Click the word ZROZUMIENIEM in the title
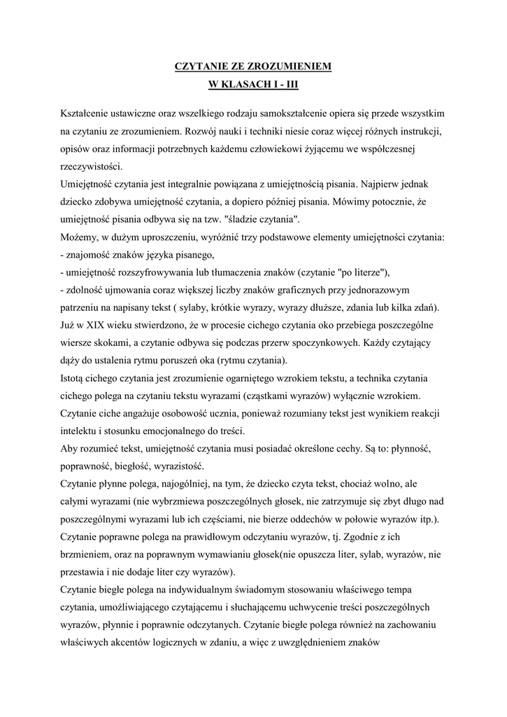290,67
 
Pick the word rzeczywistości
91,167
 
